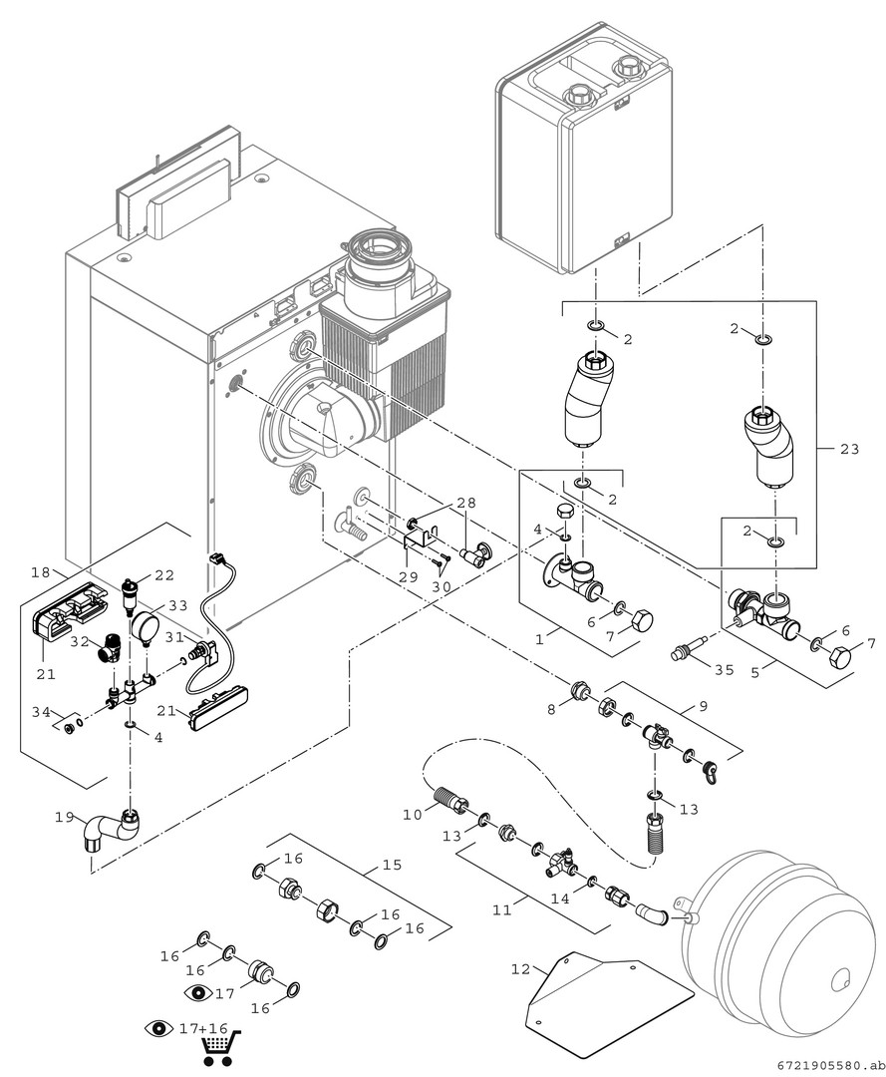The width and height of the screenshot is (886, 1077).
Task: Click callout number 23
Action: click(848, 449)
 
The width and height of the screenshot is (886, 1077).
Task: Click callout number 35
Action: click(724, 670)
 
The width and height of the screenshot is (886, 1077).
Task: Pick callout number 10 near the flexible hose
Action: click(414, 815)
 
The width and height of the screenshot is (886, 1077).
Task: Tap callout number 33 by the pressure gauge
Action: click(177, 605)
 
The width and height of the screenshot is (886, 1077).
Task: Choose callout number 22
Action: click(163, 574)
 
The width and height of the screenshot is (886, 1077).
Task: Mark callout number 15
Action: click(392, 865)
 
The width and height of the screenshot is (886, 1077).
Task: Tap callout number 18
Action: click(41, 572)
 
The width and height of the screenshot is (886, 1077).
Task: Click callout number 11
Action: click(501, 909)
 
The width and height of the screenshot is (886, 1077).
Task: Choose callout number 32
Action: click(81, 643)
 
